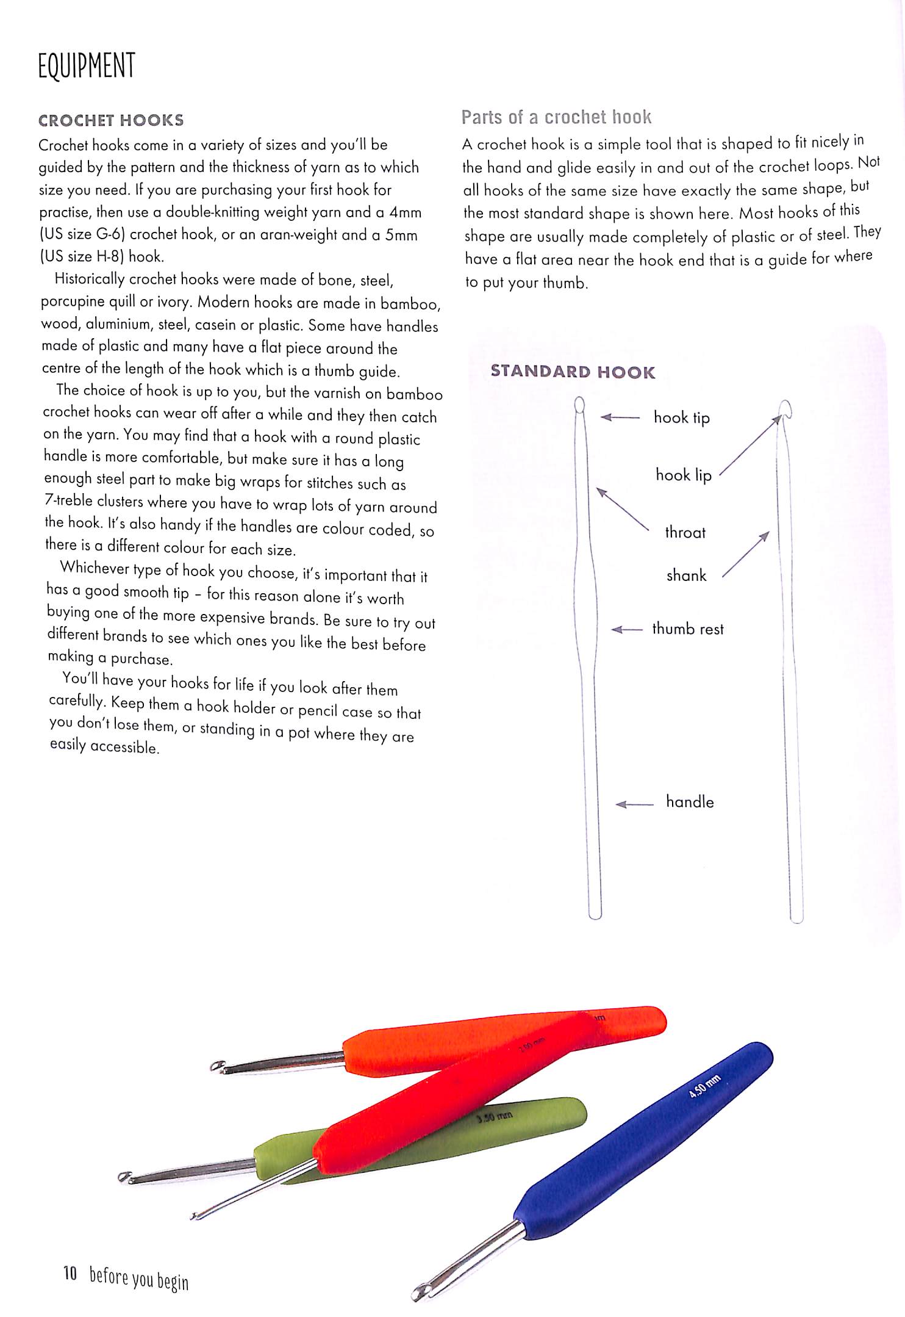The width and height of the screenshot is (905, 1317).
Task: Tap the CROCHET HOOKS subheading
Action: (x=111, y=120)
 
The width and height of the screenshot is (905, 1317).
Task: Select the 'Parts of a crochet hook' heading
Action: (x=556, y=117)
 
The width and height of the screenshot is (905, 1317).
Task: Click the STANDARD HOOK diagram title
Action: (x=573, y=372)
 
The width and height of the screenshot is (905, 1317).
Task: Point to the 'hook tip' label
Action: (x=681, y=417)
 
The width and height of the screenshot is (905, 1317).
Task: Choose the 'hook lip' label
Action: (x=683, y=475)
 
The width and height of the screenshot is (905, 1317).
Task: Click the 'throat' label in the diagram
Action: (x=685, y=532)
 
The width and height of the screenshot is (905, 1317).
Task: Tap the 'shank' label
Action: (x=686, y=575)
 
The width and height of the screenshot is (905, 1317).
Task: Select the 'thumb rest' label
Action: (x=687, y=629)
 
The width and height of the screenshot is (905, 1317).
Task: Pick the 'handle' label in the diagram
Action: (x=689, y=801)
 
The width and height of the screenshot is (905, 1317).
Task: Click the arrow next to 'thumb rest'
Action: (x=627, y=629)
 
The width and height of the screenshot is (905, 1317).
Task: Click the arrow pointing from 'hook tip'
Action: (x=620, y=417)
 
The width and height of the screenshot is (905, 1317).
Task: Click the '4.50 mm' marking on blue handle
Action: (x=704, y=1087)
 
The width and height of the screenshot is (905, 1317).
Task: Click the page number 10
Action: (x=70, y=1273)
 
